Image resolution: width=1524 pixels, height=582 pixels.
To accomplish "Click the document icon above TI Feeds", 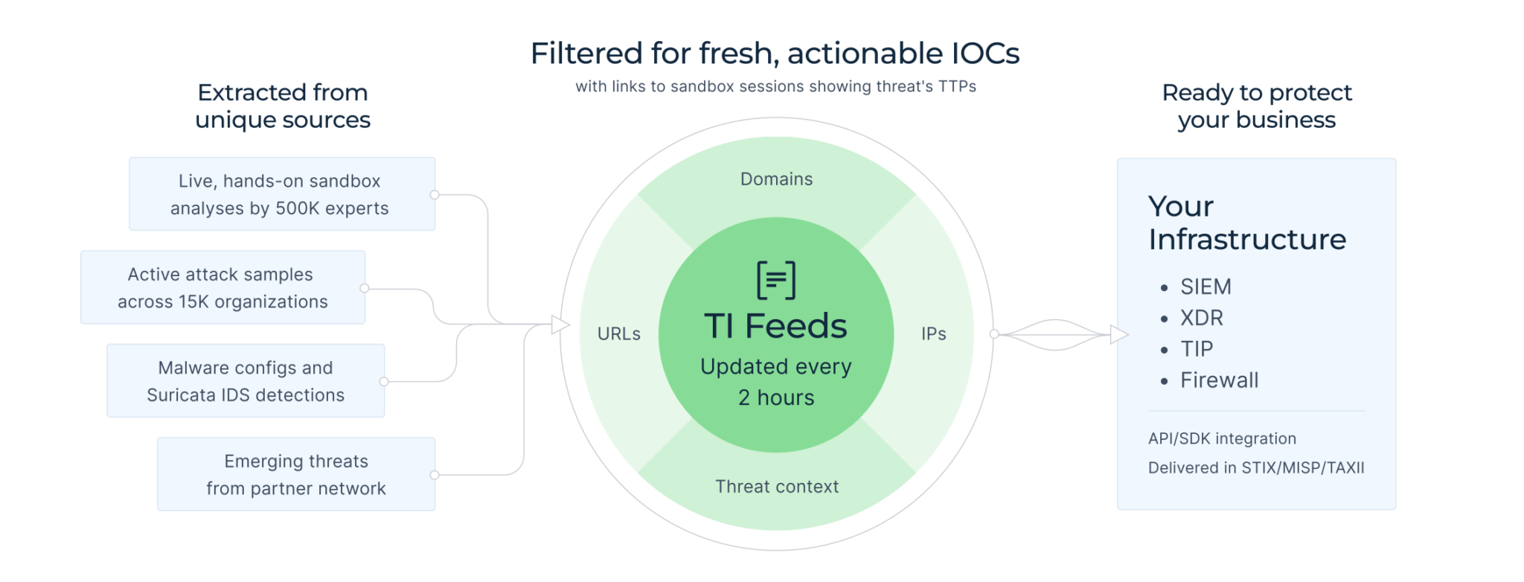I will [776, 280].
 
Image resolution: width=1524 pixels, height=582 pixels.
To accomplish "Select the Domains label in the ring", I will [776, 179].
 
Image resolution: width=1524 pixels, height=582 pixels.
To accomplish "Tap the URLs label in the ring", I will [618, 334].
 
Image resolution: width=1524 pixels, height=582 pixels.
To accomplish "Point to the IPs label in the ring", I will [933, 334].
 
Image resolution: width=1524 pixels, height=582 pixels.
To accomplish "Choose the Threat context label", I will [776, 487].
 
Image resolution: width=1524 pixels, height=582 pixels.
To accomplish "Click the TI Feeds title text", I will [775, 326].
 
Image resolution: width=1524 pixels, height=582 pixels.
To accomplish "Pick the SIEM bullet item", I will [1206, 287].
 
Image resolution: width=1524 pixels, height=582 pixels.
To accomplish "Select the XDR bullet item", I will [1201, 318].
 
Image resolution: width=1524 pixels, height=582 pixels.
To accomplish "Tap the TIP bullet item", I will [1197, 349].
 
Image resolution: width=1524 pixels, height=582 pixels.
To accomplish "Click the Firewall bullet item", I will [1219, 380].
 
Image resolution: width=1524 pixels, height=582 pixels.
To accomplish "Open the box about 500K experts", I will [281, 194].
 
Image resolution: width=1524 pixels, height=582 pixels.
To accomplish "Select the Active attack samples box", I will [222, 288].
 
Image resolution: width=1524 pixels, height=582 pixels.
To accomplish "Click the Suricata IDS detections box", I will [246, 381].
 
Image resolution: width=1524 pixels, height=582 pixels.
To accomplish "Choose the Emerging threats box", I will [296, 475].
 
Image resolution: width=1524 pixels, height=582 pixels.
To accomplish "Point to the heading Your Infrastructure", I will [1246, 223].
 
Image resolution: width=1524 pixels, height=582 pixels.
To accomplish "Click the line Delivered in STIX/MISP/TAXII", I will [1256, 468].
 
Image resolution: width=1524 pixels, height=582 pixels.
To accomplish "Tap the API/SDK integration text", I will [1222, 439].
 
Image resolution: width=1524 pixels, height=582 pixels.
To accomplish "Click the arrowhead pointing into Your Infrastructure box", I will [1118, 335].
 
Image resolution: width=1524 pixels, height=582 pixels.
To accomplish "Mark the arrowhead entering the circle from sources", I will [560, 324].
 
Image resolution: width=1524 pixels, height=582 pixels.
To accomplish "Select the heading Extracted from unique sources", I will [283, 106].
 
